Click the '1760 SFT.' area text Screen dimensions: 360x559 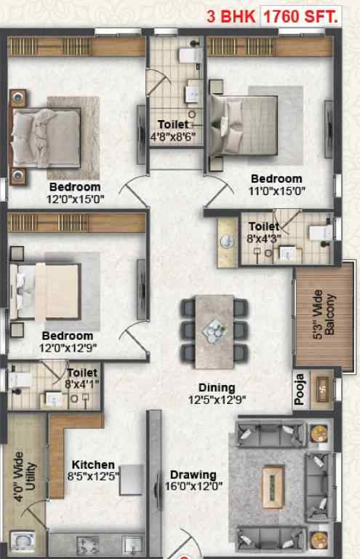[301, 17]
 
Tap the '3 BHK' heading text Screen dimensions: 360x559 [231, 17]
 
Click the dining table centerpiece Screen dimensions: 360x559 [215, 330]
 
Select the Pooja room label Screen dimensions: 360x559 [300, 389]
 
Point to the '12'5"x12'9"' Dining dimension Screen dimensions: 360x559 [217, 400]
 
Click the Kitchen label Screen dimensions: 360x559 [93, 464]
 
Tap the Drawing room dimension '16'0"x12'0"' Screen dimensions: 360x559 [193, 485]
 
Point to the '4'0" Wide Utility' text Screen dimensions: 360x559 [25, 476]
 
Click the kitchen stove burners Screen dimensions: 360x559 [88, 544]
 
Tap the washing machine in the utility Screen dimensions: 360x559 [23, 542]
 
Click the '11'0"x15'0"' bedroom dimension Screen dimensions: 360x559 [276, 191]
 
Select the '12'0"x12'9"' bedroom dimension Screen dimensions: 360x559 [68, 348]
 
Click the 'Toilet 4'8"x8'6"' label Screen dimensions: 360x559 [173, 130]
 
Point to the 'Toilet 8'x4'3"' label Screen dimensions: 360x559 [264, 232]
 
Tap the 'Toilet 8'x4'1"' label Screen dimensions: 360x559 [82, 378]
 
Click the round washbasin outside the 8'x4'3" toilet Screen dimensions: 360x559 [227, 242]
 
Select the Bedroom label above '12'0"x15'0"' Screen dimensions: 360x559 [75, 187]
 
